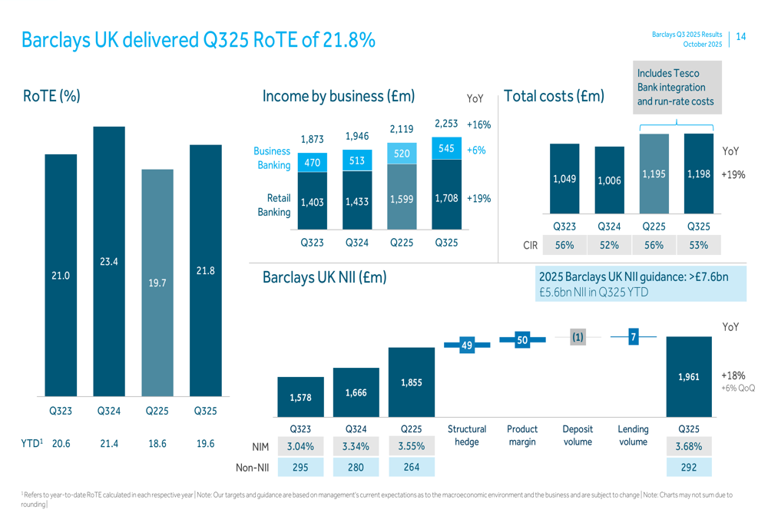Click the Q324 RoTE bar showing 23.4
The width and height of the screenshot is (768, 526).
tap(108, 261)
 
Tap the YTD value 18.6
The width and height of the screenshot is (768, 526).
tap(157, 444)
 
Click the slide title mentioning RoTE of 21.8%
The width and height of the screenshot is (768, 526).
tap(199, 39)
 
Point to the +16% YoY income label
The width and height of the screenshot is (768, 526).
tap(478, 124)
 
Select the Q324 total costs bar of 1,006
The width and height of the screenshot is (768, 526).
tap(609, 180)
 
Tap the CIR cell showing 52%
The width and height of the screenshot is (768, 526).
tap(609, 246)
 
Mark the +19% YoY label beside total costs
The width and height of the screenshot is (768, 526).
tap(733, 175)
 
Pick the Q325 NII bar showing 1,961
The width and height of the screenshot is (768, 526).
tap(688, 376)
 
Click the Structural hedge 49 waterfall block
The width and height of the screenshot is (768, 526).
tap(465, 346)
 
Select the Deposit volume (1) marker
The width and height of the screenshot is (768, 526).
tap(578, 337)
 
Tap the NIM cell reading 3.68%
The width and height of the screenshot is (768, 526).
tap(688, 446)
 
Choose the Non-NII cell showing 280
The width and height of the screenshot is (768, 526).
tap(356, 466)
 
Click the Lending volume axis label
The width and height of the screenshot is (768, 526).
tap(633, 435)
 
